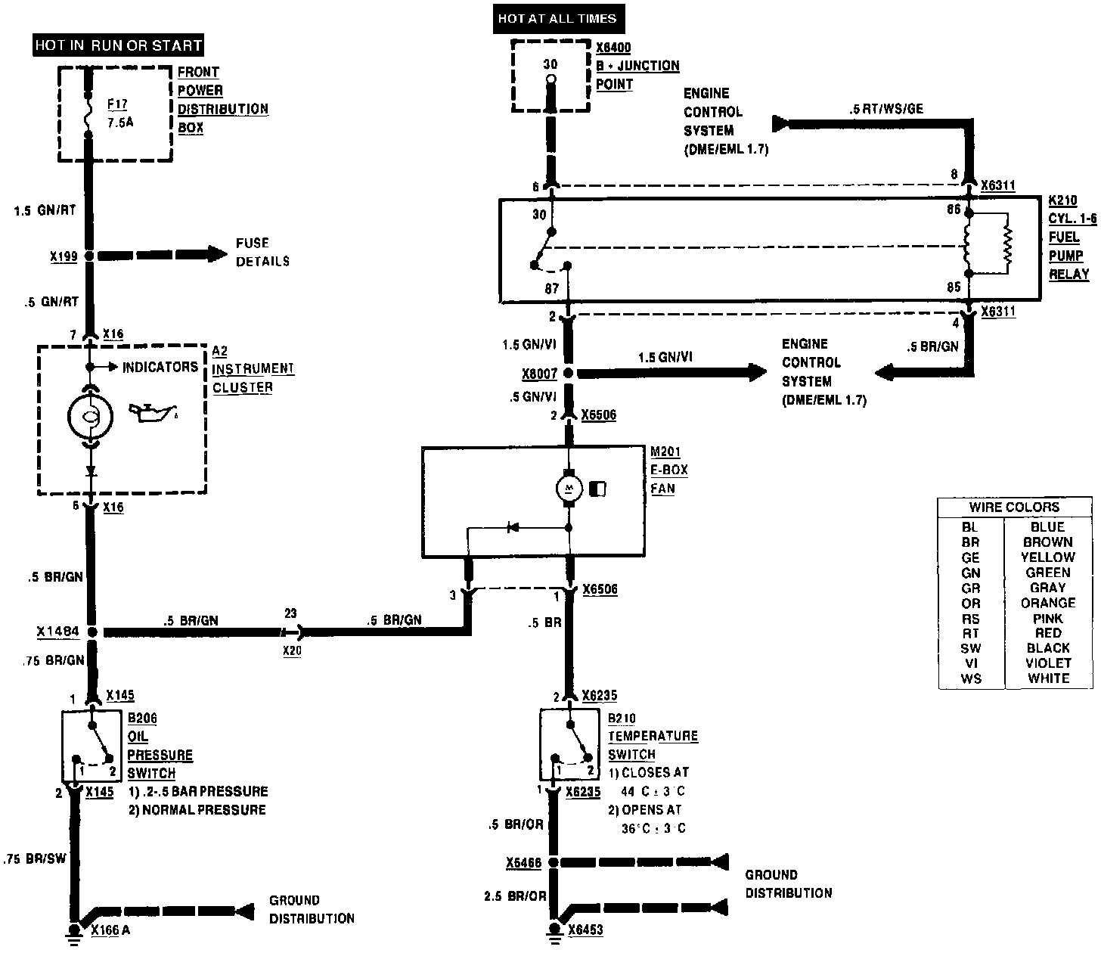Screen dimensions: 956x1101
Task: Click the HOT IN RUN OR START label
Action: coord(119,45)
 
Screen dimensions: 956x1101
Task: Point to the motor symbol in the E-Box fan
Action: coord(569,489)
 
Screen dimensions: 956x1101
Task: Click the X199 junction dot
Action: coord(90,256)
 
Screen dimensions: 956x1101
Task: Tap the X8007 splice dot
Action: coord(569,373)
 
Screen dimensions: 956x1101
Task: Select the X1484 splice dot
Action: coord(92,632)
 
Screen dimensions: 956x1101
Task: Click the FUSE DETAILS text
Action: coord(262,252)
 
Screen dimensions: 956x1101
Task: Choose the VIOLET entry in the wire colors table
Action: coord(1047,663)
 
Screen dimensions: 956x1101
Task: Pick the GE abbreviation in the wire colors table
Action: coord(970,557)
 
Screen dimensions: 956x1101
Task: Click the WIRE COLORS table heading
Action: coord(1014,507)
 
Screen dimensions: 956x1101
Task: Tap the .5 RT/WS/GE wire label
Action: coord(885,109)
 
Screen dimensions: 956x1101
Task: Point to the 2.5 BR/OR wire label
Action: coord(515,896)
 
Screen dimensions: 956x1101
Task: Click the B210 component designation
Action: coord(622,718)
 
